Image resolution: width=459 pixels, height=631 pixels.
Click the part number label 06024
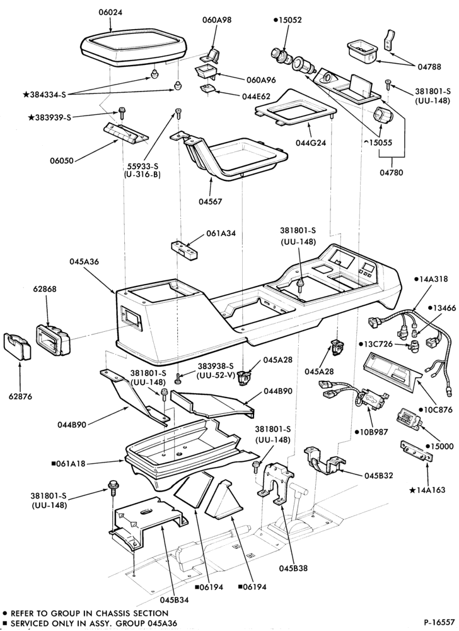pos(110,13)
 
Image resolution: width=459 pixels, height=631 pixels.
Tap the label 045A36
pos(84,262)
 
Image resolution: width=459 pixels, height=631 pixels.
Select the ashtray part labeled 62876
pos(18,346)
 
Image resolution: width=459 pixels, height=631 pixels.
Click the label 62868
pos(45,289)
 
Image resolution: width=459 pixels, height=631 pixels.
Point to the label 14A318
pos(431,279)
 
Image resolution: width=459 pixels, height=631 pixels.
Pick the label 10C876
pos(436,410)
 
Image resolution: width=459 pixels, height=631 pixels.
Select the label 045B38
pos(293,569)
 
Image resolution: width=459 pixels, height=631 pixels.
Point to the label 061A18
pos(69,463)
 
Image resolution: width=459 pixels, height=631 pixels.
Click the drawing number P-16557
pos(438,622)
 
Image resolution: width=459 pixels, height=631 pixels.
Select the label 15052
pos(288,20)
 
